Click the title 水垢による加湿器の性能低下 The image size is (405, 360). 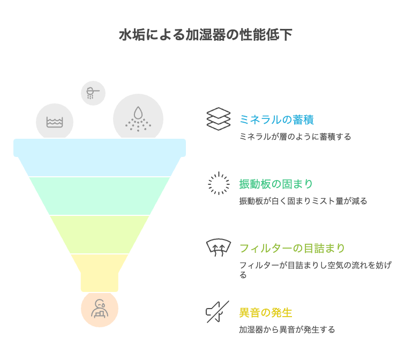206,35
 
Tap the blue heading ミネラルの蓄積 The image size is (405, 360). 276,120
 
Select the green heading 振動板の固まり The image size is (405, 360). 276,184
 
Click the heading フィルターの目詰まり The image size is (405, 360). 292,248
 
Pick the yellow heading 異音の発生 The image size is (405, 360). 266,312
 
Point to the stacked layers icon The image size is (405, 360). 219,119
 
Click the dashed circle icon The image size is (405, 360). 219,183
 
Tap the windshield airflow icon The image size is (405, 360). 219,247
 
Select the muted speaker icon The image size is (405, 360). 217,312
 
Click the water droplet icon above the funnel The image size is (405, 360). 138,118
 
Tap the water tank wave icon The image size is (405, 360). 55,122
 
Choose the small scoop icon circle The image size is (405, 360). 93,93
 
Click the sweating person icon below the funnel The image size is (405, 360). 100,309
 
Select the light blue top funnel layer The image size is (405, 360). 100,157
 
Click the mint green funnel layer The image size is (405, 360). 100,196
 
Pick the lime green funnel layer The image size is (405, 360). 100,235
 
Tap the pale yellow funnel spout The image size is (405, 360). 100,273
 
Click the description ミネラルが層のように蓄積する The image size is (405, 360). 295,137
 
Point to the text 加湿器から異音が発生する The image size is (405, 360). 287,329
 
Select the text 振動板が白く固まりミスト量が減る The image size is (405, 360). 303,201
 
